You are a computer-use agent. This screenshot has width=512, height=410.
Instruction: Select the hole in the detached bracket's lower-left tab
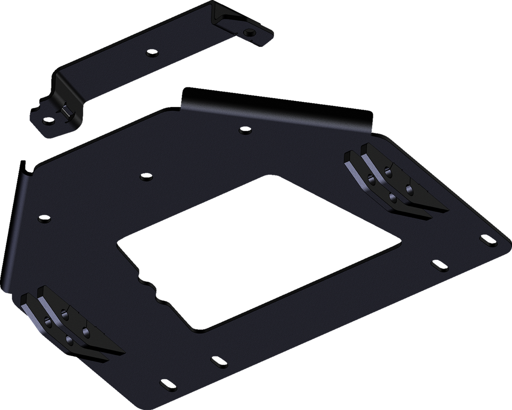pyautogui.click(x=49, y=122)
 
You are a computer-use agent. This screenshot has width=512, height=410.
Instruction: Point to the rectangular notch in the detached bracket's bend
pyautogui.click(x=65, y=111)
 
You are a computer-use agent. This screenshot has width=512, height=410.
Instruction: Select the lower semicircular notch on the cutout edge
pyautogui.click(x=160, y=299)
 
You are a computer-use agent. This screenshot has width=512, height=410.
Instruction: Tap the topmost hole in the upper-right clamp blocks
pyautogui.click(x=388, y=171)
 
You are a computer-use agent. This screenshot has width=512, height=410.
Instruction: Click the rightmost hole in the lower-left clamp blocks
pyautogui.click(x=87, y=332)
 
